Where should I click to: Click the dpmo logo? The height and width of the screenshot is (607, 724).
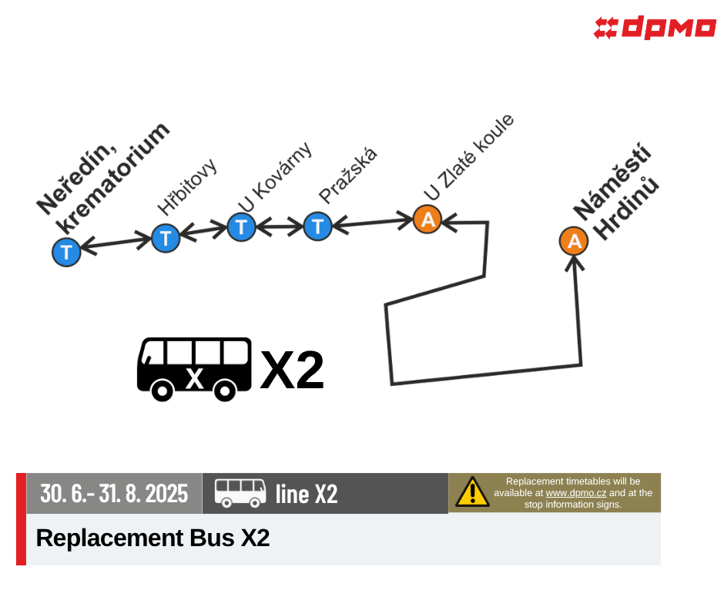click(654, 27)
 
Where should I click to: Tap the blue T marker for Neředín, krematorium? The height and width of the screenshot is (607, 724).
click(66, 252)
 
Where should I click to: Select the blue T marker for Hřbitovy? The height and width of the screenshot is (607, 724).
click(166, 238)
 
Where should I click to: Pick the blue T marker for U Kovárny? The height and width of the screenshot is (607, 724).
click(242, 226)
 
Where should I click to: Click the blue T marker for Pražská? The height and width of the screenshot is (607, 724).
click(317, 226)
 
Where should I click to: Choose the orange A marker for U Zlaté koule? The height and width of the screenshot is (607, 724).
click(427, 219)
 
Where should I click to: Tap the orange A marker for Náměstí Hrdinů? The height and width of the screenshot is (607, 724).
click(574, 240)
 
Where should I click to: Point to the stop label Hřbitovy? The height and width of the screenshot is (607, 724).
click(187, 186)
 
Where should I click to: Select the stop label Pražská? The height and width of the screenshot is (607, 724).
click(348, 176)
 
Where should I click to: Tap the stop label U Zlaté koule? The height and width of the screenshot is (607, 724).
click(468, 157)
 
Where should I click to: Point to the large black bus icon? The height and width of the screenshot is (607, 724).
click(194, 369)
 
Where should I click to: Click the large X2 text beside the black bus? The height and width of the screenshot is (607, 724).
click(292, 370)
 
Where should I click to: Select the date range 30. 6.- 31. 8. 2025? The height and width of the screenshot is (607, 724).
click(114, 493)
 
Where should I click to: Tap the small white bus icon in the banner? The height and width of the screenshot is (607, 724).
click(240, 493)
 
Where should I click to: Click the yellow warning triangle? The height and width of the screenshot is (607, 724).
click(472, 491)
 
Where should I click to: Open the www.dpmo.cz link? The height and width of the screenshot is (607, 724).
click(576, 493)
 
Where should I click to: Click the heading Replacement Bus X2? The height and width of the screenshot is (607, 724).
click(153, 538)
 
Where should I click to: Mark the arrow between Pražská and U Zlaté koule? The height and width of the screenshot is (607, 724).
click(373, 223)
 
